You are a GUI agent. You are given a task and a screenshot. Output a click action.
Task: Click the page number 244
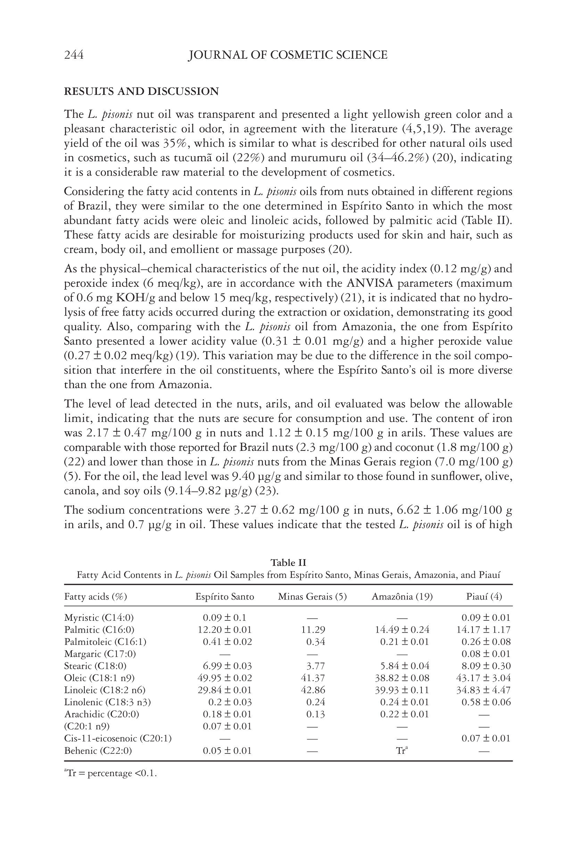74,55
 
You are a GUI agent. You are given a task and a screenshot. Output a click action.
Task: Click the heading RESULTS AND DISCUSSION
141,91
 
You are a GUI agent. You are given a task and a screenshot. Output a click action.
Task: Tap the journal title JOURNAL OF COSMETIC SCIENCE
288,55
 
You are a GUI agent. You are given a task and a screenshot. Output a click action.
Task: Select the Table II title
288,563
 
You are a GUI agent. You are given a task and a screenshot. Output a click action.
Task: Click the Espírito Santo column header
225,596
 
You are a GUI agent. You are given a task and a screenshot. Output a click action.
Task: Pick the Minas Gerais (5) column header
312,596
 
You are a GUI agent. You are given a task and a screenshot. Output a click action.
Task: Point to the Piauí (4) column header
484,596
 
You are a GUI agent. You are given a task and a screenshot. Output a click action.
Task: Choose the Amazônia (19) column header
402,596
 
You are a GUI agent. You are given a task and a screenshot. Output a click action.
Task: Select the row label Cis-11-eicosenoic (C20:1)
118,738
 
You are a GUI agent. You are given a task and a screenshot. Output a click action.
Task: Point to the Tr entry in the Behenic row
402,750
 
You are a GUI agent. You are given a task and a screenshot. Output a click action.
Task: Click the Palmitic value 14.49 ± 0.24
402,630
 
